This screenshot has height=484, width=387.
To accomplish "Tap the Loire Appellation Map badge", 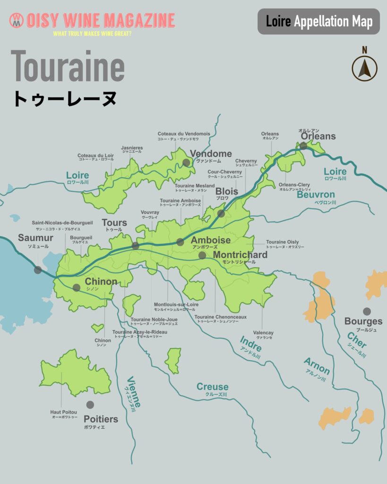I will tap(318, 21).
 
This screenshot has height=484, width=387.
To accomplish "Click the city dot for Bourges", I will tap(367, 311).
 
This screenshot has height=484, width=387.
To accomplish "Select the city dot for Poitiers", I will tap(90, 405).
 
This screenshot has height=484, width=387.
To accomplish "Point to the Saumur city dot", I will tap(38, 270).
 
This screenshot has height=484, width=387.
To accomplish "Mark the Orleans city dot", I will tap(303, 146).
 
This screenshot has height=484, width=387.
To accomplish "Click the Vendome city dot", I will tap(186, 163).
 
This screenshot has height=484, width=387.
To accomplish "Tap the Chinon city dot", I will tap(77, 287).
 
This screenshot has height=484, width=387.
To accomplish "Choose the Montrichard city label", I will tap(240, 255).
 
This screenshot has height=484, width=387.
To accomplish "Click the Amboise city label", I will tap(210, 240).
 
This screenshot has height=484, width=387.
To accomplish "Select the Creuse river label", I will tap(212, 387).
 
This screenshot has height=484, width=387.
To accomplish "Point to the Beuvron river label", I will tap(316, 195).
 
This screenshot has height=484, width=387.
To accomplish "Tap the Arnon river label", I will tap(317, 366).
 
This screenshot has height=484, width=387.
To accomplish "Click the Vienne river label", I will tap(134, 392).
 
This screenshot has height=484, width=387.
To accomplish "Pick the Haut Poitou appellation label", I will tap(64, 412).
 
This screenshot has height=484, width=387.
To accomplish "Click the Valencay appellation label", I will tap(263, 333).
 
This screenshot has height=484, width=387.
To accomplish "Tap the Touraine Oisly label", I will tap(282, 242).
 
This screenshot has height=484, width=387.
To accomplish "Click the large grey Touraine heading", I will tap(68, 65).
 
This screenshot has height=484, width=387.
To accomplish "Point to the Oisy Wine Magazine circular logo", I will tap(17, 20).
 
